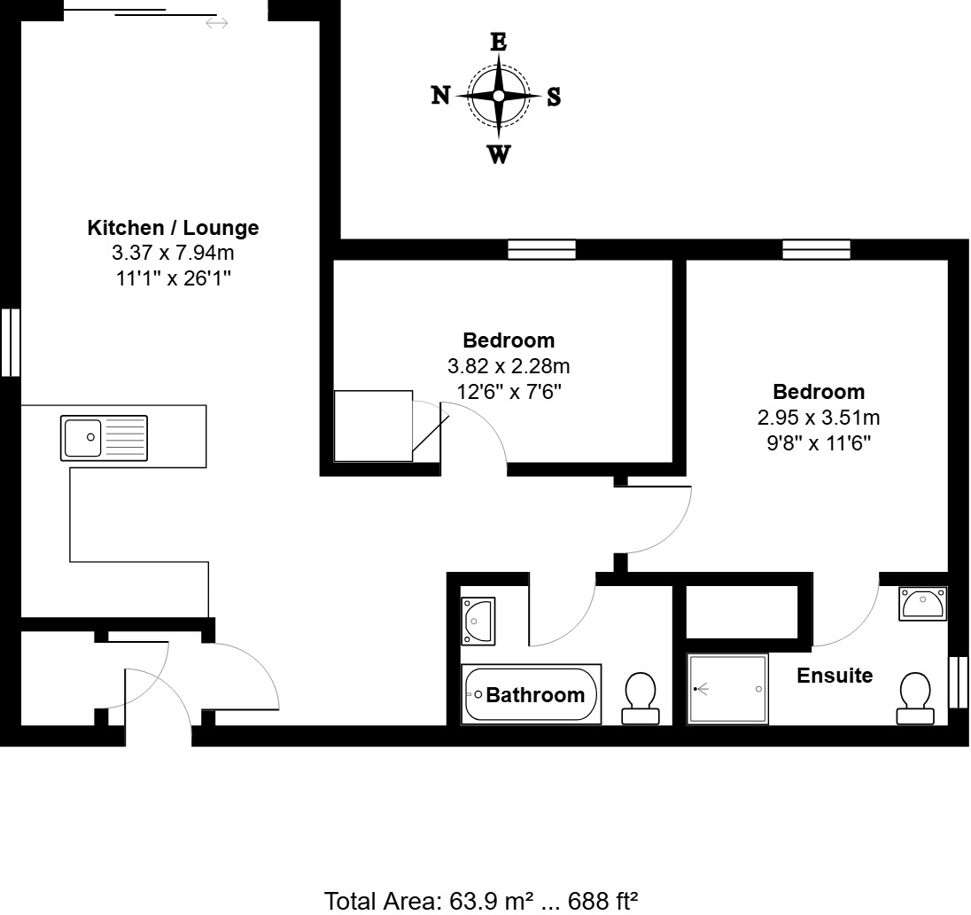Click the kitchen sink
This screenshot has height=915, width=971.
coord(104,438)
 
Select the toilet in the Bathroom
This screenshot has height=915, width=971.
coord(640,697)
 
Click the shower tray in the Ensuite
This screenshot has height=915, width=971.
coord(727,689)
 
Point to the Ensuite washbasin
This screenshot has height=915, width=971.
coord(922,603)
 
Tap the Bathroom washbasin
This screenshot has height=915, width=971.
coord(478,620)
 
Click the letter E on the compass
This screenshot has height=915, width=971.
coord(499,42)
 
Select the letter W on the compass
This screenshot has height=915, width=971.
coord(499,155)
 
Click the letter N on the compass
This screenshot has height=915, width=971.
coord(440,96)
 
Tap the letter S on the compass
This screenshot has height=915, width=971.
coord(554,97)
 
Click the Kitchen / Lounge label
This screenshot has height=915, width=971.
coord(173,228)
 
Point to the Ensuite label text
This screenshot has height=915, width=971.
coord(835,676)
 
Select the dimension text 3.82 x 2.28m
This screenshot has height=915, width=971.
coord(509,365)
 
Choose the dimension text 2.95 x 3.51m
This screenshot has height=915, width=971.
coord(818,418)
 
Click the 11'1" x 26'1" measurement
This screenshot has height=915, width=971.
coord(173,278)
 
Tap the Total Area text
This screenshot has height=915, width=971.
coord(482,901)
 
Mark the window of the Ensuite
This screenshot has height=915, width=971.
coord(958,682)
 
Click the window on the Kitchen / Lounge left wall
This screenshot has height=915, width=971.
coord(10,342)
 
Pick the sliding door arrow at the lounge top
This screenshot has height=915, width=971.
coord(216,22)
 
